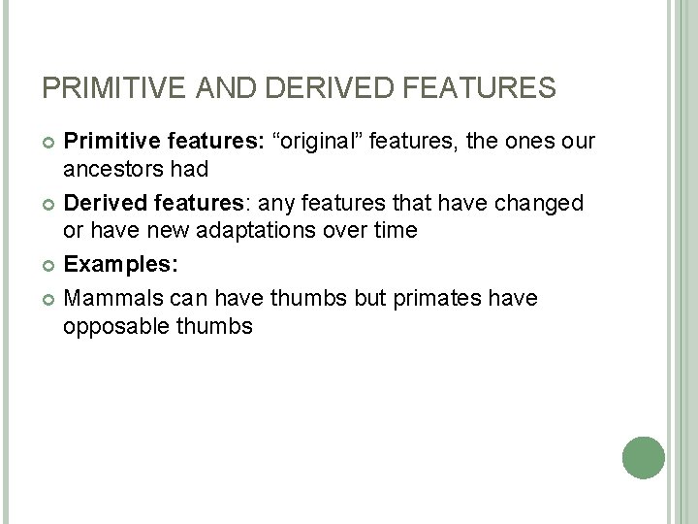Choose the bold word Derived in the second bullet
click(102, 204)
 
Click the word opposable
click(113, 326)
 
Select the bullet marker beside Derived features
click(48, 205)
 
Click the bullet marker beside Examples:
click(48, 265)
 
